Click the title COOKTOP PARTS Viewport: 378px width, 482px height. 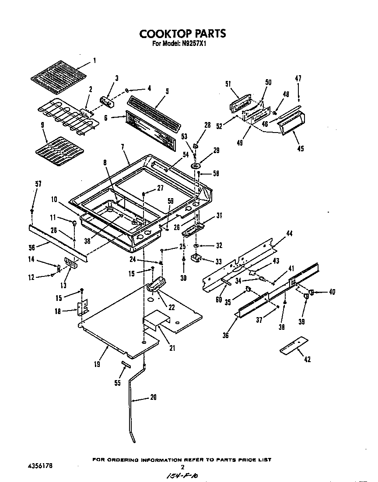pyautogui.click(x=182, y=33)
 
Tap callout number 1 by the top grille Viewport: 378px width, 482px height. pyautogui.click(x=95, y=60)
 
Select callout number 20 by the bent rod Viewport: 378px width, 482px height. pyautogui.click(x=153, y=398)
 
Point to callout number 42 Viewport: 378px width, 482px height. pyautogui.click(x=308, y=359)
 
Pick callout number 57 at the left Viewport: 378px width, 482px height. pyautogui.click(x=38, y=184)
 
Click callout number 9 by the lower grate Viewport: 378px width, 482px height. pyautogui.click(x=42, y=125)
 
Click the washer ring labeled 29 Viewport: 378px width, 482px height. pyautogui.click(x=196, y=167)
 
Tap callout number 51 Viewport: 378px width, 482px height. pyautogui.click(x=227, y=84)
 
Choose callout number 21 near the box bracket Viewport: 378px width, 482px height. pyautogui.click(x=172, y=348)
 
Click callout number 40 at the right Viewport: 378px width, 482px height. pyautogui.click(x=332, y=292)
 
